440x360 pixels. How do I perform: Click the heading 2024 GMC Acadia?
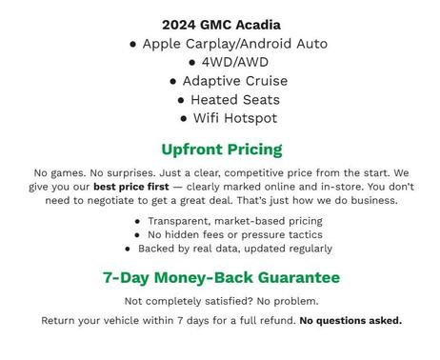(x=221, y=25)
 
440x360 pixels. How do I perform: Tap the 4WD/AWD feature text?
(x=227, y=62)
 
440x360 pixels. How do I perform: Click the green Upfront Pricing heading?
(x=221, y=150)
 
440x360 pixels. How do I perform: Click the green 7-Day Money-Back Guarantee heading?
(x=221, y=278)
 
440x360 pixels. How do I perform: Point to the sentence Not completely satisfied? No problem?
(x=221, y=301)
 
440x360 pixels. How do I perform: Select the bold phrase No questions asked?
(x=350, y=320)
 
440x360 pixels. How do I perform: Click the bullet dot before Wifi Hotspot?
(x=184, y=119)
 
